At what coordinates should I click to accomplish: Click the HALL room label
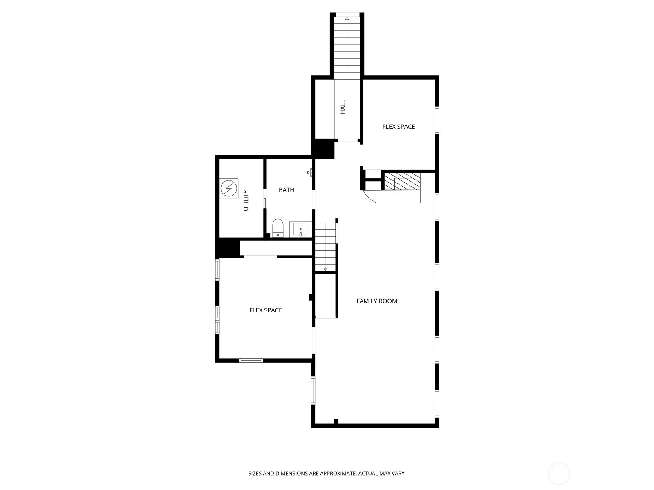343,107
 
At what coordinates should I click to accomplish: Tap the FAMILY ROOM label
376,301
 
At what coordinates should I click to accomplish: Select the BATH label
286,190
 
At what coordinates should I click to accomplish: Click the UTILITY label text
246,200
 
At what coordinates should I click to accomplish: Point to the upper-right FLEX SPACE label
399,127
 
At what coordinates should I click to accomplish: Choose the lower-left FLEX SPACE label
266,310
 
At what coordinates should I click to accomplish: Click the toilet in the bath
278,228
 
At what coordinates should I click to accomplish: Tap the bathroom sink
300,229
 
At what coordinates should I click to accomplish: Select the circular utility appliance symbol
228,189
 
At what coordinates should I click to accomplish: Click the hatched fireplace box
402,181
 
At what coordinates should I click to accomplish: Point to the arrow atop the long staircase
347,18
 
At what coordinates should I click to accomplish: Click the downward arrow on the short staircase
325,269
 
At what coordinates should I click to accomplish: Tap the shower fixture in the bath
311,173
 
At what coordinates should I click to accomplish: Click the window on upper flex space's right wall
437,120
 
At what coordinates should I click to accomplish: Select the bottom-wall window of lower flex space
251,360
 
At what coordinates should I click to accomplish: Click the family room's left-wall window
313,390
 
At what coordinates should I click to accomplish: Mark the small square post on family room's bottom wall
336,422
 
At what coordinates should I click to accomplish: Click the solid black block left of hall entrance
323,149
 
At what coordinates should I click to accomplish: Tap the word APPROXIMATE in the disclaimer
338,474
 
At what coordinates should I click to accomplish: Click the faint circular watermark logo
559,474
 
